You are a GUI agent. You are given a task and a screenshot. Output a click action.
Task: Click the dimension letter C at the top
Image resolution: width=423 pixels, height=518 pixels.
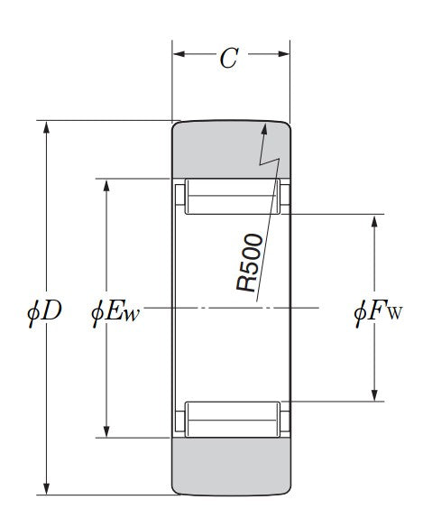point(229,58)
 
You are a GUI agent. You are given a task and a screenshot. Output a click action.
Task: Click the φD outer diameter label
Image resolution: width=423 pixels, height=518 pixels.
point(44,311)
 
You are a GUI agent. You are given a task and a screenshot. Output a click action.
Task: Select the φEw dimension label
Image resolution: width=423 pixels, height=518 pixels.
point(115,311)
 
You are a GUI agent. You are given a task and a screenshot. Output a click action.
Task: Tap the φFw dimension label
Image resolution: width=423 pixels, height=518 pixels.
point(379,311)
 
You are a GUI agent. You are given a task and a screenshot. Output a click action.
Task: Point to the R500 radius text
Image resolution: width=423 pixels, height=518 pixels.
point(250,263)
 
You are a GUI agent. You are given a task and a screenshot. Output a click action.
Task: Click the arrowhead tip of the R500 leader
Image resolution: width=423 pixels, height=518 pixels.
point(264,124)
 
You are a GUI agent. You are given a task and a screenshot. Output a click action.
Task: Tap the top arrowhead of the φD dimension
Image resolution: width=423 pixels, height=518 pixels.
point(47,121)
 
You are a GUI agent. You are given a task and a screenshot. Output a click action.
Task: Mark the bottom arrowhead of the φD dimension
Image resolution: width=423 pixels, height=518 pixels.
point(47,495)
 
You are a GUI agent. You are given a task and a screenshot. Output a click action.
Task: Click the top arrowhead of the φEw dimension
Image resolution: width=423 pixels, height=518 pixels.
point(106,180)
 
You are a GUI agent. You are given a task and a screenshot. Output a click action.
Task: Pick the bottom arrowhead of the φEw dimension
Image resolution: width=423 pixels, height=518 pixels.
point(106,437)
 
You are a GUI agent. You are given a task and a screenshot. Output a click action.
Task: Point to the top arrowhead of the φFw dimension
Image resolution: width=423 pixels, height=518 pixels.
point(374,215)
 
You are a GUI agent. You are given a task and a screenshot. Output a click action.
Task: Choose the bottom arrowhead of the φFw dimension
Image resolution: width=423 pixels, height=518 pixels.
point(374,401)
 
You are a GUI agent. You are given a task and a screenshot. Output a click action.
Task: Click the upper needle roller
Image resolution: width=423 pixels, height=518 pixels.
point(233,197)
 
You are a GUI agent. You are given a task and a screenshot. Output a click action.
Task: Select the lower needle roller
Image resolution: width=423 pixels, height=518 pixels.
point(233,420)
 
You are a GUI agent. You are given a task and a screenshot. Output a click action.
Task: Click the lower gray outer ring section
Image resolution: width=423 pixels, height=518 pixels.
point(231,467)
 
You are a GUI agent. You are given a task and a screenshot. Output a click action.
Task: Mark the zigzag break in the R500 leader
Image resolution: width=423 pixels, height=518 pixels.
point(270,161)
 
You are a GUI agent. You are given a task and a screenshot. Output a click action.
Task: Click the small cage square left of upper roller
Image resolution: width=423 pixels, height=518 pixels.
point(180,195)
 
